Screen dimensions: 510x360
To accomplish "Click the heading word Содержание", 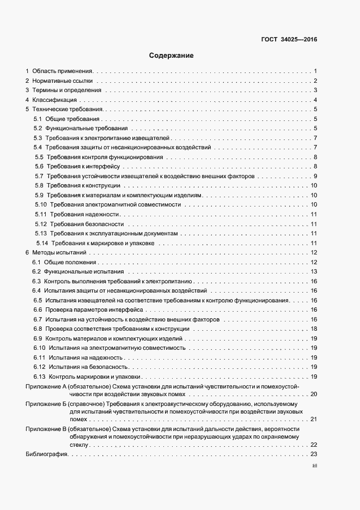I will pos(170,56).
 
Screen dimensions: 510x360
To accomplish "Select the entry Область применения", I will pos(63,71).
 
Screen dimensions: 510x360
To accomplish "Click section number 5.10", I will pos(40,205).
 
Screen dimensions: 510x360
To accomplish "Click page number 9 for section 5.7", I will pos(315,177).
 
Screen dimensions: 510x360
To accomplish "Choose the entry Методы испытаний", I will pos(59,253).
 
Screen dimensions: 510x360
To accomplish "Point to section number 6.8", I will pos(38,329).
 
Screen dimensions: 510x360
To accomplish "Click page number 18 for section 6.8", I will pos(314,329).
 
